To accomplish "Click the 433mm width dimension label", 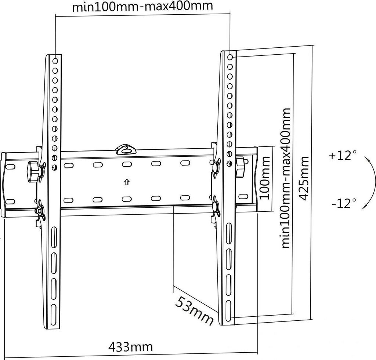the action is [130, 346].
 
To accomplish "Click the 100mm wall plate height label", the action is [265, 178].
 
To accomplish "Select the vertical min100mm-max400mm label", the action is [286, 178].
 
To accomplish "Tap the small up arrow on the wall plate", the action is [126, 181].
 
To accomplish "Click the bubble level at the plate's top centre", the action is [126, 149].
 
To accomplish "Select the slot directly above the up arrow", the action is [126, 164].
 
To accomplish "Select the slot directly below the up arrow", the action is [126, 199].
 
